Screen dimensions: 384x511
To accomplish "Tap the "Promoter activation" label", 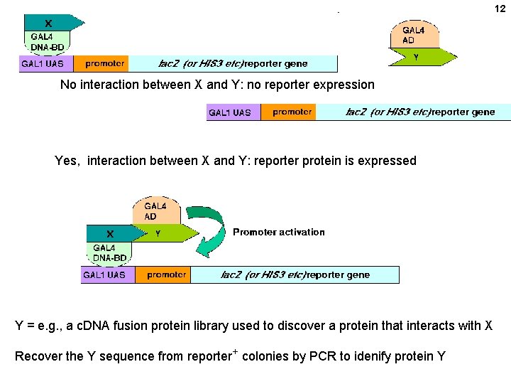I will (x=278, y=232).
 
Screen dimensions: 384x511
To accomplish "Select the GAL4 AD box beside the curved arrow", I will (x=156, y=210).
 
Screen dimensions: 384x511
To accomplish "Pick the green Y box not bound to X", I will (x=423, y=58).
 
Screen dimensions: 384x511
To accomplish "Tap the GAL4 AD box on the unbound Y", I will (x=414, y=35).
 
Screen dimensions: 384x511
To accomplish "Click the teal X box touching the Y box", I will (x=110, y=233).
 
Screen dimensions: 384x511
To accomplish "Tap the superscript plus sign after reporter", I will (x=234, y=351).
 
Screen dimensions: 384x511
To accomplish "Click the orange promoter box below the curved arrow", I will (x=166, y=274).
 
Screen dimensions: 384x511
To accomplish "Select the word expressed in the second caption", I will (x=388, y=161).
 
